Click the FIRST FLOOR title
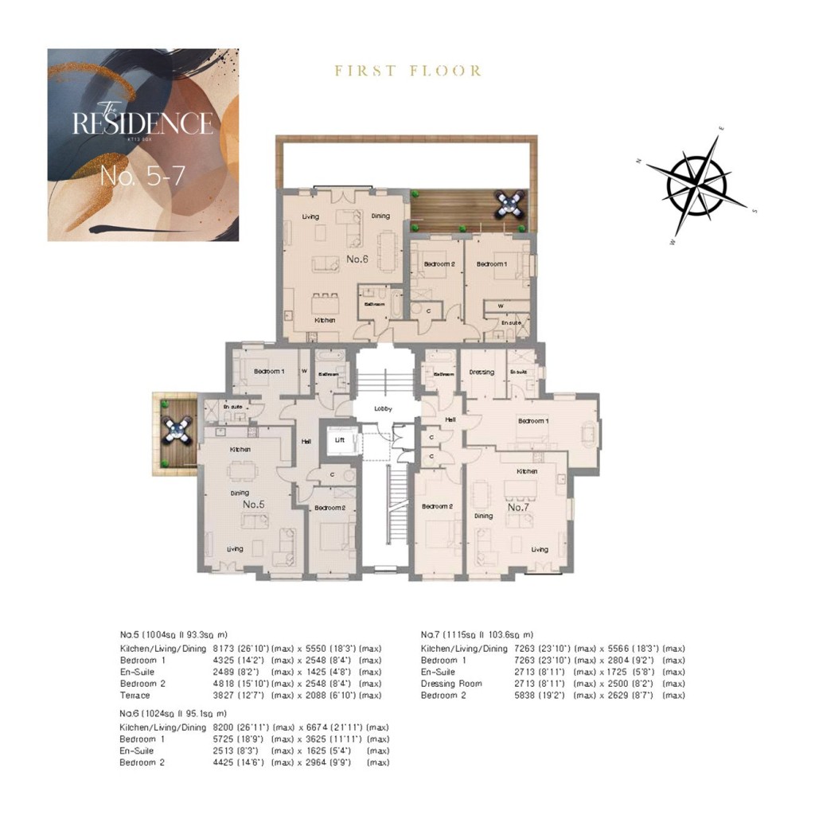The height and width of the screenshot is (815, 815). tap(407, 71)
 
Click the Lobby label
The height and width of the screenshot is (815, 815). tap(384, 408)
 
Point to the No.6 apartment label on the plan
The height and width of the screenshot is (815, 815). tap(357, 259)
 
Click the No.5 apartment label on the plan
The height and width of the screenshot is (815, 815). tap(253, 505)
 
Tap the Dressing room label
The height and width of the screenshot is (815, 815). tap(482, 372)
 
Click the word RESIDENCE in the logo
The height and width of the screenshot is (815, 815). tap(142, 124)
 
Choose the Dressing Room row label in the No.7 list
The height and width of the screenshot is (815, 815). tap(451, 684)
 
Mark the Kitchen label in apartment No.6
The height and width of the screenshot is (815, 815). tap(324, 320)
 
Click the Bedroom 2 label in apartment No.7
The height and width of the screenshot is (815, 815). tap(436, 507)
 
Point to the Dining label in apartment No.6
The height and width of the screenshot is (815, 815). tap(380, 216)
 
